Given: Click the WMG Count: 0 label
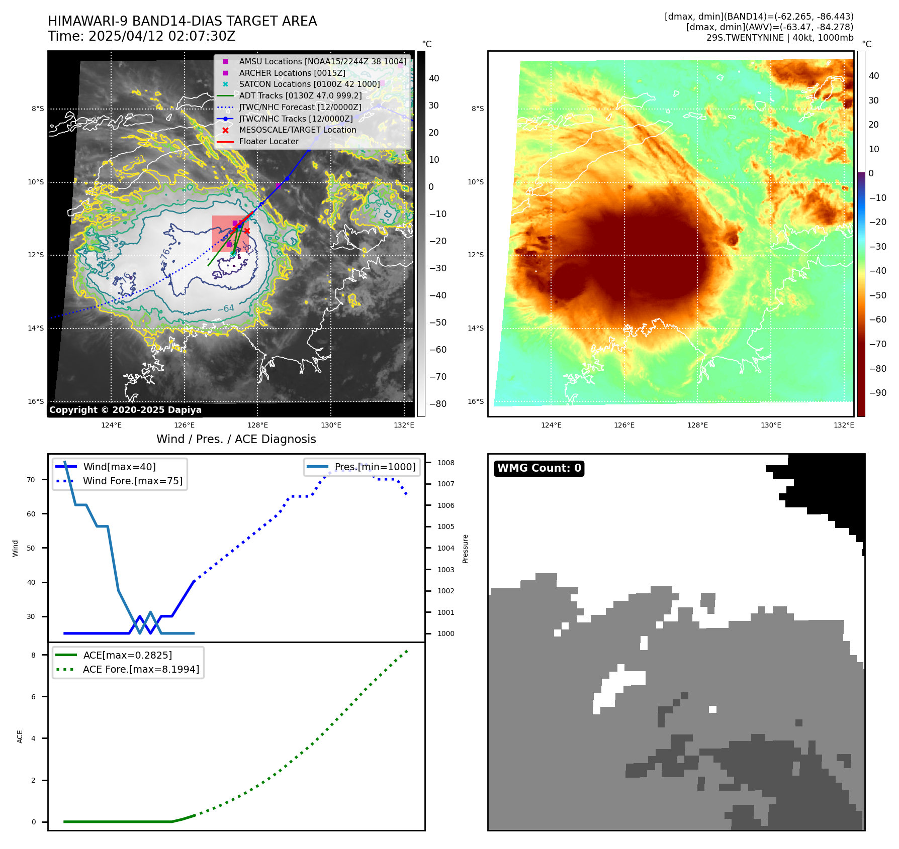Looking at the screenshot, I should (x=539, y=468).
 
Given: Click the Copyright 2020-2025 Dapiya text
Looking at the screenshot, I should (x=125, y=410).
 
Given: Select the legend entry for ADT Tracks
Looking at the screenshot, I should (x=300, y=95).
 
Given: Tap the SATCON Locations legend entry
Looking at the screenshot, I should (x=309, y=84).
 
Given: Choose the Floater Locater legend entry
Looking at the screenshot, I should (x=268, y=142).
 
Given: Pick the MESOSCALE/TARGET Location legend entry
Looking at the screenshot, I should (x=297, y=130).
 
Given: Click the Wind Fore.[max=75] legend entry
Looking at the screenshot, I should (x=133, y=481).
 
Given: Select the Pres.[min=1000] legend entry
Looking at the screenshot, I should (x=375, y=467).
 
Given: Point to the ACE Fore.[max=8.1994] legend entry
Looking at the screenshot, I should (x=141, y=669).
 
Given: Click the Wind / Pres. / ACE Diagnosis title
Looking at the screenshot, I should (x=236, y=439).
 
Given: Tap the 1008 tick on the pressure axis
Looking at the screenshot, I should (x=445, y=463).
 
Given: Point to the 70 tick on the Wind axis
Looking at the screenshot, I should (x=31, y=480).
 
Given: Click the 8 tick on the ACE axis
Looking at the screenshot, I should (x=34, y=655).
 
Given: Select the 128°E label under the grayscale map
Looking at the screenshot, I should (x=257, y=425).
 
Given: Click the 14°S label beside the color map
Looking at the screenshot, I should (x=476, y=328).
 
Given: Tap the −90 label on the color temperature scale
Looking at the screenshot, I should (x=878, y=393).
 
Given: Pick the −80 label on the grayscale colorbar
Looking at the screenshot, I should (x=437, y=404).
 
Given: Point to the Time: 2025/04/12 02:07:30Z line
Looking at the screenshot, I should (x=142, y=36).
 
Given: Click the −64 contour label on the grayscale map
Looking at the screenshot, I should (x=225, y=308).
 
